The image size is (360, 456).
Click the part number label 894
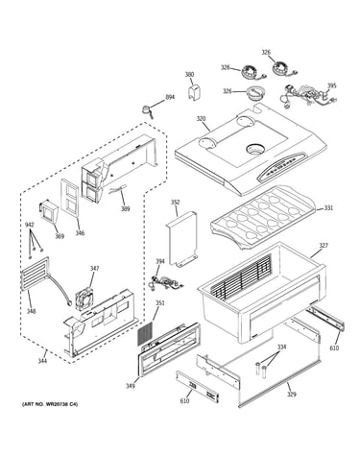(x=170, y=97)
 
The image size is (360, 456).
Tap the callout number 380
(x=189, y=75)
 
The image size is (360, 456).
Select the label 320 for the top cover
(x=201, y=119)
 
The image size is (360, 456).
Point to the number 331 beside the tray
(x=328, y=208)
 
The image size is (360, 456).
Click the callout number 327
(x=324, y=246)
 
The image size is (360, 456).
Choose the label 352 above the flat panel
(x=175, y=203)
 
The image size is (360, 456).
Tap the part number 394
(x=160, y=261)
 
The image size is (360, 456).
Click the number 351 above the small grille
(x=160, y=302)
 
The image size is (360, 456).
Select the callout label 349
(x=130, y=386)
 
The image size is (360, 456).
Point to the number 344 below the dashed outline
(x=42, y=361)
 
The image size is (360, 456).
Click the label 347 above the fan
(x=94, y=268)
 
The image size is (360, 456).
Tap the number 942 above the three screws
(x=29, y=225)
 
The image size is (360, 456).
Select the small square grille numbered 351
(x=146, y=334)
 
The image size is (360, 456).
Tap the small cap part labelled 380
(x=194, y=92)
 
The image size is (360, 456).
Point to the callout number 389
(x=125, y=209)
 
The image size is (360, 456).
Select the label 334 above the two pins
(x=281, y=348)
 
